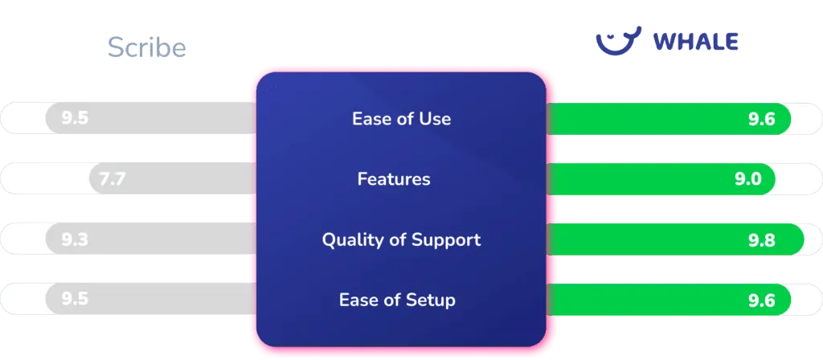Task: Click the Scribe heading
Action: pyautogui.click(x=147, y=47)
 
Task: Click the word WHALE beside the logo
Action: pyautogui.click(x=696, y=42)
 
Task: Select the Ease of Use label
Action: pyautogui.click(x=402, y=119)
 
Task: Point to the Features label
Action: pyautogui.click(x=394, y=179)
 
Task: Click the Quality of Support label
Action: pyautogui.click(x=402, y=239)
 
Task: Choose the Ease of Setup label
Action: pyautogui.click(x=397, y=301)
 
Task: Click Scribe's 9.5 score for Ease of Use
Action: pyautogui.click(x=75, y=118)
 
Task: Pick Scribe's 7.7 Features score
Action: pyautogui.click(x=113, y=179)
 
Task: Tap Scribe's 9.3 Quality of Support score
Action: pyautogui.click(x=75, y=239)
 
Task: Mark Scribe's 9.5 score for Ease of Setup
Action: pyautogui.click(x=75, y=299)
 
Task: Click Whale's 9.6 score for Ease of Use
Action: pyautogui.click(x=762, y=120)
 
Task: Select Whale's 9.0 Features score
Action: pyautogui.click(x=748, y=179)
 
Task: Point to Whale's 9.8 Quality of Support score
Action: pyautogui.click(x=762, y=240)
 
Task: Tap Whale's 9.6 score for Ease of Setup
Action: pyautogui.click(x=762, y=301)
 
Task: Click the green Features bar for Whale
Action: pyautogui.click(x=661, y=179)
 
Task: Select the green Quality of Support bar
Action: pyautogui.click(x=675, y=239)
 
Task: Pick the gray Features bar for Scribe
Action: pyautogui.click(x=173, y=178)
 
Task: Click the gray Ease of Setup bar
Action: pyautogui.click(x=151, y=299)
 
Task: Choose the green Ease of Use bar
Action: pyautogui.click(x=669, y=119)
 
